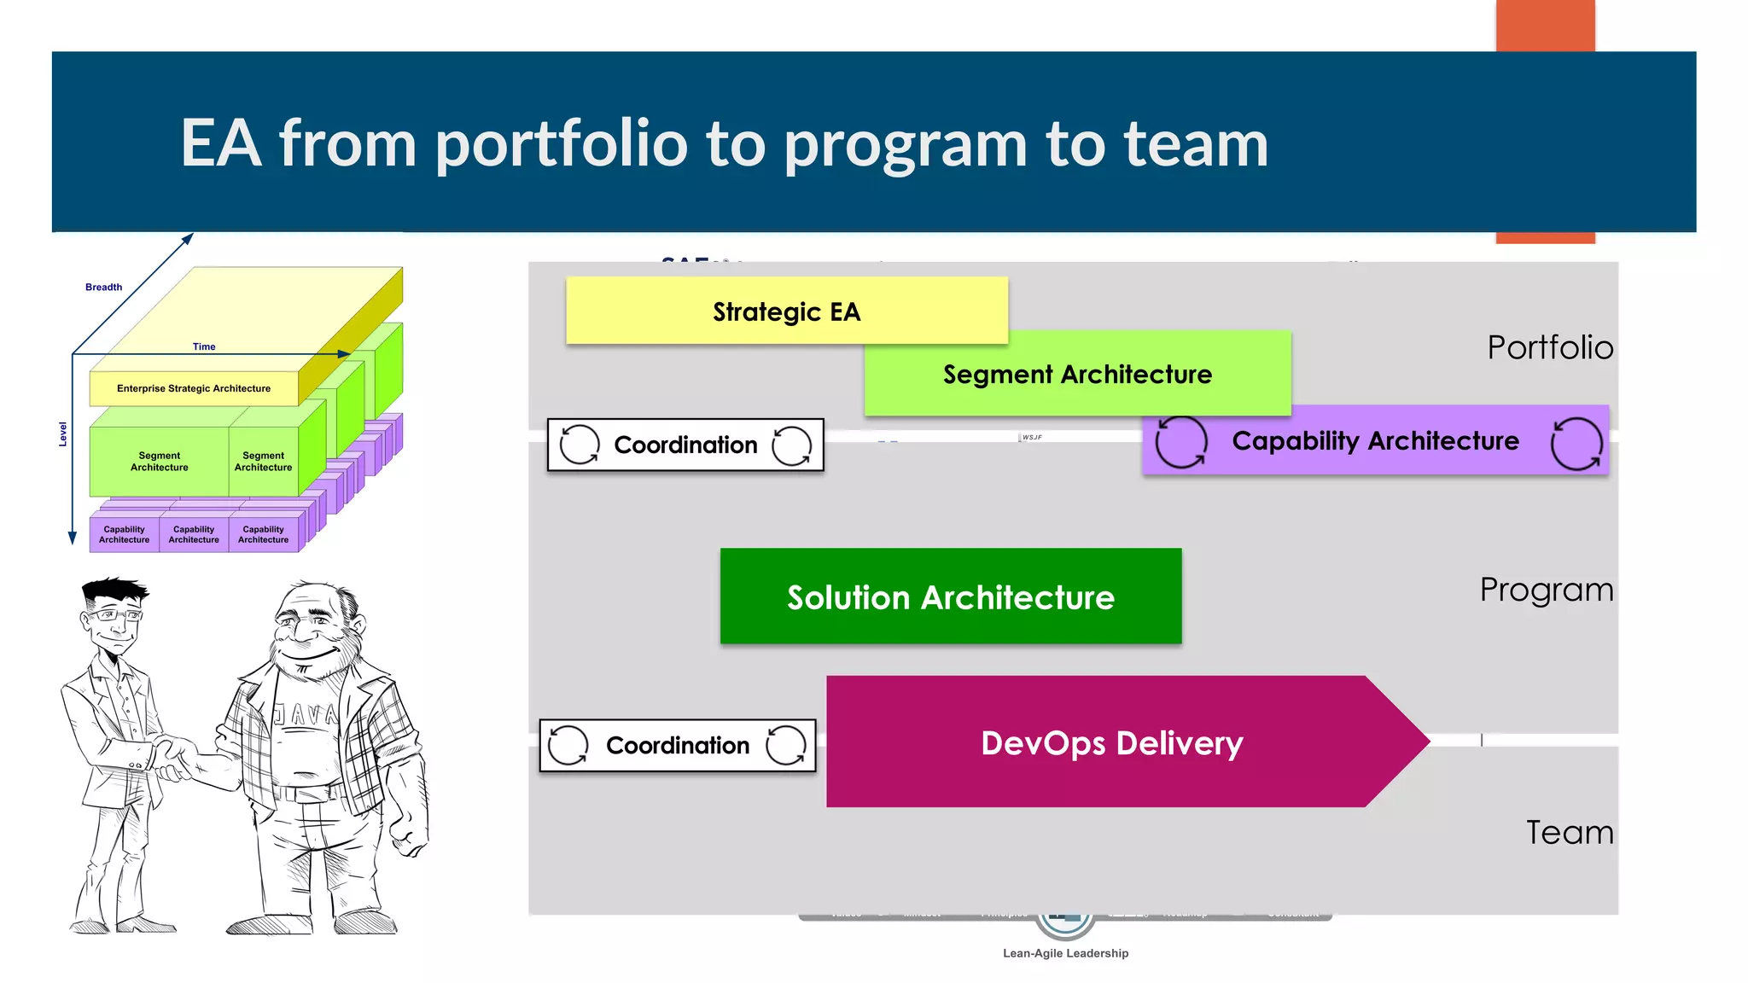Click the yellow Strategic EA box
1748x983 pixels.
tap(786, 311)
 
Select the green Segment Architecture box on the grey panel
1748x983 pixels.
tap(1077, 375)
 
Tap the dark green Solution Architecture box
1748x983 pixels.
tap(950, 597)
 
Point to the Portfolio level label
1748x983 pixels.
tap(1549, 348)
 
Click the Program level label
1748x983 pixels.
tap(1546, 590)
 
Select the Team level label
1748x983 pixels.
tap(1569, 833)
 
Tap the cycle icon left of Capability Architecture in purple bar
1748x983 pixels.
tap(1180, 442)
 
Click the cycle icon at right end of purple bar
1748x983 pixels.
tap(1576, 443)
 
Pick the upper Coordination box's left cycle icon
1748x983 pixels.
tap(580, 445)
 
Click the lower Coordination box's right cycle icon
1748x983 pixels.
tap(785, 746)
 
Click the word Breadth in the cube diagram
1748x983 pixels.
tap(103, 288)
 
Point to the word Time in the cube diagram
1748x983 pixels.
tap(204, 346)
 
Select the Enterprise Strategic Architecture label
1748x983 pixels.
tap(194, 388)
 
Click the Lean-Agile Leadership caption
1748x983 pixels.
tap(1065, 953)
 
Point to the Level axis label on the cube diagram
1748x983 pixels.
tap(62, 434)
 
